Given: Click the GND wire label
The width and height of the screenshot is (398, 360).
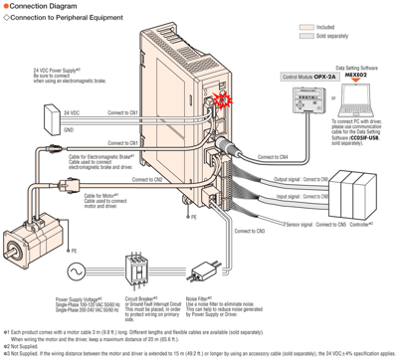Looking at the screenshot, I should click(x=67, y=129).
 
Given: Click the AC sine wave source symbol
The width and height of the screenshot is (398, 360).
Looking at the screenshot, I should click(x=71, y=266).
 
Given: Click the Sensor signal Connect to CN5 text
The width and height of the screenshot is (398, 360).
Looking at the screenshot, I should click(x=310, y=226).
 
